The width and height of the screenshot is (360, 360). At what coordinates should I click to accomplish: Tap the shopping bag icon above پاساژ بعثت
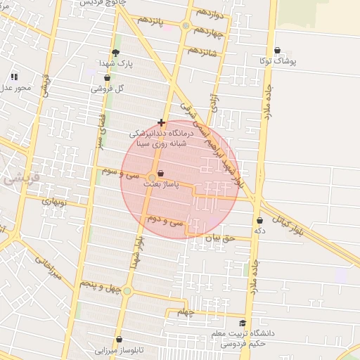tap(162, 173)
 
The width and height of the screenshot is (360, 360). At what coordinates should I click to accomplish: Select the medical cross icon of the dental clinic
tap(162, 122)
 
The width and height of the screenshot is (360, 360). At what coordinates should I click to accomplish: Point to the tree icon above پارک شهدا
tap(116, 53)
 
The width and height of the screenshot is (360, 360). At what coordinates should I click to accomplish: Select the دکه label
tap(260, 231)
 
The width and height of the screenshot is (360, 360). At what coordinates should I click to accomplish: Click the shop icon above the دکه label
tap(260, 221)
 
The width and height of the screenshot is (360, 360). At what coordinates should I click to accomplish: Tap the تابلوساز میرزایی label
tap(119, 349)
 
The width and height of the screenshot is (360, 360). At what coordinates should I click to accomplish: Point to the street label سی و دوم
tap(165, 220)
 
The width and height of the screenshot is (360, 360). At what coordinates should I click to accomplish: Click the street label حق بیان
tap(218, 238)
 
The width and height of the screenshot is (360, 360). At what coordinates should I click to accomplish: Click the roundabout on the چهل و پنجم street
tap(127, 290)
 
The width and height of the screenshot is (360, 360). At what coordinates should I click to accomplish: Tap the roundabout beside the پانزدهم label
tap(186, 26)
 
